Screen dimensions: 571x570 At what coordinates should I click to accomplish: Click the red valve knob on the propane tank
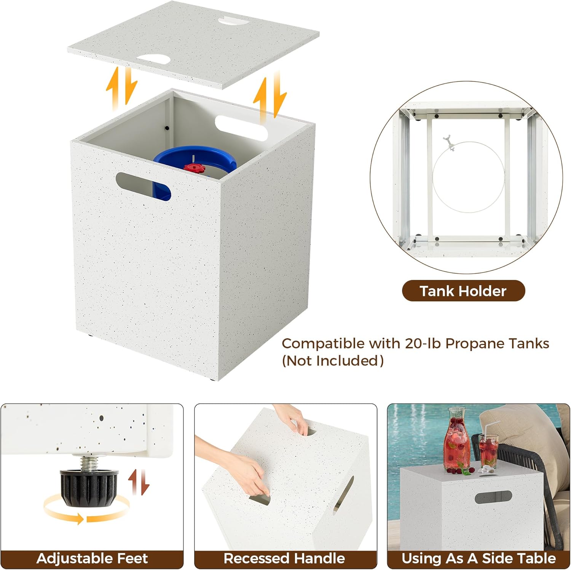click(x=194, y=167)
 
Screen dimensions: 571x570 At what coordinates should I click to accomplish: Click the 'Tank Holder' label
click(x=463, y=291)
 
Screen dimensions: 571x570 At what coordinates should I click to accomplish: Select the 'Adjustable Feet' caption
click(x=92, y=558)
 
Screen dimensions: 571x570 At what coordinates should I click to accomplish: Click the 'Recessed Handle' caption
click(x=284, y=558)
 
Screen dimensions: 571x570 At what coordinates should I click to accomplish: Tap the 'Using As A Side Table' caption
click(x=478, y=558)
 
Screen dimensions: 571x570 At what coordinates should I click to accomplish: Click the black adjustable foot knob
click(x=89, y=488)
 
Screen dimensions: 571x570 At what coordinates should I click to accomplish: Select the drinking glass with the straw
click(x=488, y=449)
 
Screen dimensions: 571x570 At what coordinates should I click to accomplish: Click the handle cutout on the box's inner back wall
click(x=241, y=128)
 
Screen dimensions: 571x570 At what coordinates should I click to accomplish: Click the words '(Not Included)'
click(x=332, y=361)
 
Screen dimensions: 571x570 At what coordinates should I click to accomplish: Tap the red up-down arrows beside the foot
click(x=139, y=482)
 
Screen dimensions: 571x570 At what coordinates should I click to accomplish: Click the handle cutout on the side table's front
click(x=493, y=497)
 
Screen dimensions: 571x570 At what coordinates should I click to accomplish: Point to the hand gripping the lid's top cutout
click(x=295, y=419)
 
